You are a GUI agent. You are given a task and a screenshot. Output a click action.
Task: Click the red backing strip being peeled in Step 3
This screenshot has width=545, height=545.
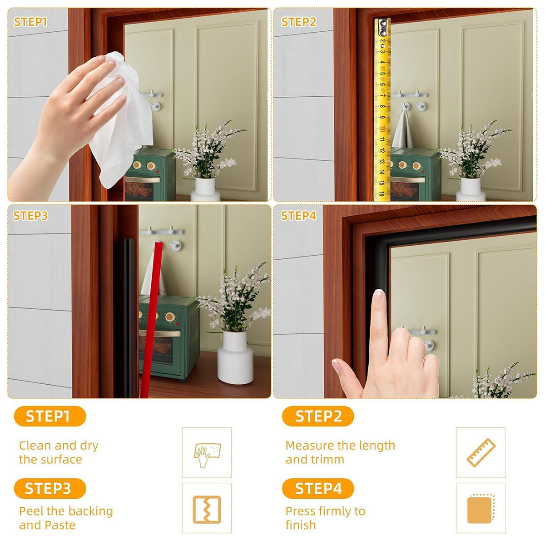click(149, 318)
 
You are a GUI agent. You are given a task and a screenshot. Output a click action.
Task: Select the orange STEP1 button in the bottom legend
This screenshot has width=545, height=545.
click(50, 416)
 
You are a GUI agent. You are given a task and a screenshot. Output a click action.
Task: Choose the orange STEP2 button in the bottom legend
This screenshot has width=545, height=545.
click(318, 416)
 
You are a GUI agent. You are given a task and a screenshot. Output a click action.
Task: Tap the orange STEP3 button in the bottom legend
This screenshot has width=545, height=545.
click(50, 488)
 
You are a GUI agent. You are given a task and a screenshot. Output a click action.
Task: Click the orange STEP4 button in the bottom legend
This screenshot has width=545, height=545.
click(318, 488)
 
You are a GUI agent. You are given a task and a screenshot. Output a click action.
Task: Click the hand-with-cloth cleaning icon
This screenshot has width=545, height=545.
click(207, 452)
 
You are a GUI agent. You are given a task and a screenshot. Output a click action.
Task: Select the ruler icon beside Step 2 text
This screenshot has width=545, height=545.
click(481, 452)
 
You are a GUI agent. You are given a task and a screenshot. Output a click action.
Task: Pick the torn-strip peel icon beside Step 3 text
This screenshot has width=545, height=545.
click(207, 509)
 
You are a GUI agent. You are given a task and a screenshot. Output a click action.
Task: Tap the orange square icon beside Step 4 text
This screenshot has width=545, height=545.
click(481, 509)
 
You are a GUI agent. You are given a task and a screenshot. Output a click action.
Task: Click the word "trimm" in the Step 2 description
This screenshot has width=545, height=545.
click(327, 460)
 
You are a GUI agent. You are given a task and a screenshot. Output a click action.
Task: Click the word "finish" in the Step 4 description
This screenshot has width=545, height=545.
click(300, 525)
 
